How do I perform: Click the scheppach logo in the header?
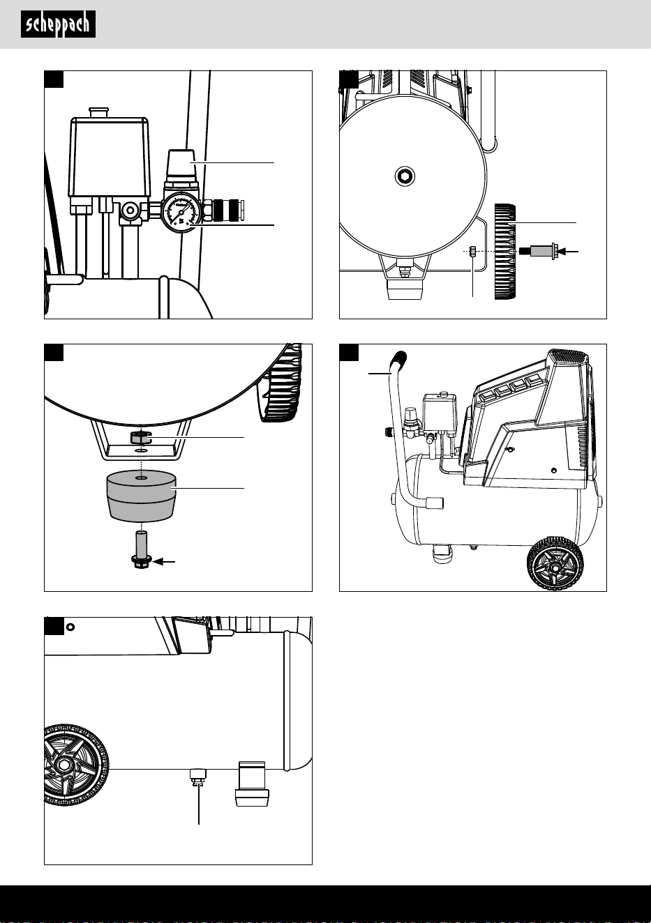[58, 24]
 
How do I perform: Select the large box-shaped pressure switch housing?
[109, 157]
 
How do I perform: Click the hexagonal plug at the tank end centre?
[405, 176]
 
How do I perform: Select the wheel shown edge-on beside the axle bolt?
[505, 252]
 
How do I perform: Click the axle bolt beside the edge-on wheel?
[539, 251]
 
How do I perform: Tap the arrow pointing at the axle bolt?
[569, 251]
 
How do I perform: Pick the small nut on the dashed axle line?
[473, 251]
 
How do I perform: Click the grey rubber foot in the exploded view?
[141, 496]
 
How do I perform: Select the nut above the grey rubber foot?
[141, 437]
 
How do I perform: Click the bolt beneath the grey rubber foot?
[141, 550]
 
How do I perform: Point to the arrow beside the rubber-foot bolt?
[164, 562]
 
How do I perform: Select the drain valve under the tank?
[197, 777]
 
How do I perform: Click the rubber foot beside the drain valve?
[252, 784]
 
